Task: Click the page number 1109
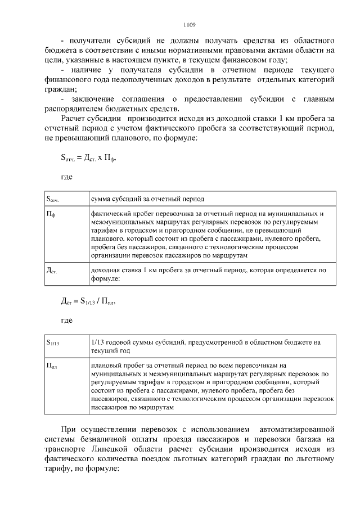[x=190, y=25]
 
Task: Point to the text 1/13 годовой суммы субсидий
[x=141, y=341]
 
